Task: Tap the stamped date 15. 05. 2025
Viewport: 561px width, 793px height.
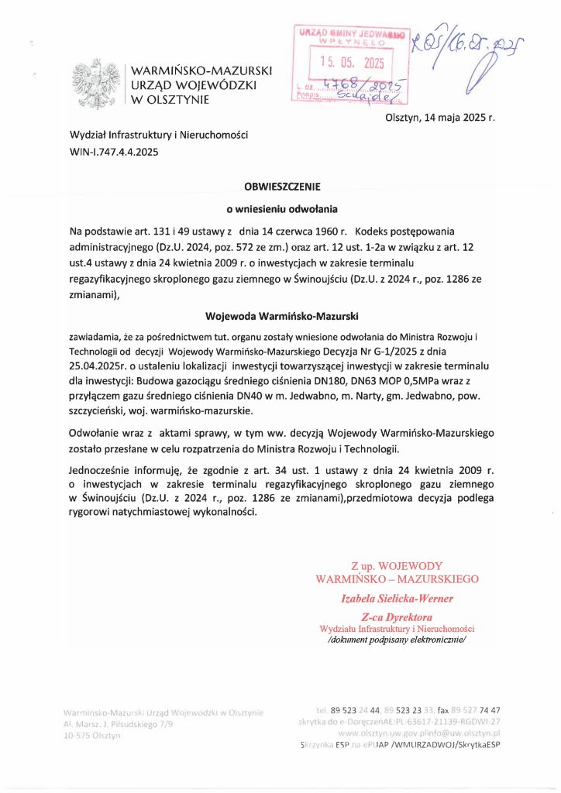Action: tap(352, 63)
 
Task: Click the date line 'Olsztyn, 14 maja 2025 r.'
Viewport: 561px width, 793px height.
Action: tap(439, 118)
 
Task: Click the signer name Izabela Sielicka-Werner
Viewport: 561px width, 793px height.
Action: tap(398, 598)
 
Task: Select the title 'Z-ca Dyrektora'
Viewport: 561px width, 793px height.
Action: tap(397, 616)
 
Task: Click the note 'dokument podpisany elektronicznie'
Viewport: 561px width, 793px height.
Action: tap(398, 640)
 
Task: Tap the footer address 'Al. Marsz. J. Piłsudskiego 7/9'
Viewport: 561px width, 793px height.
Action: tap(119, 724)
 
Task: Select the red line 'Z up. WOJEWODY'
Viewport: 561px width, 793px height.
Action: tap(397, 566)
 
